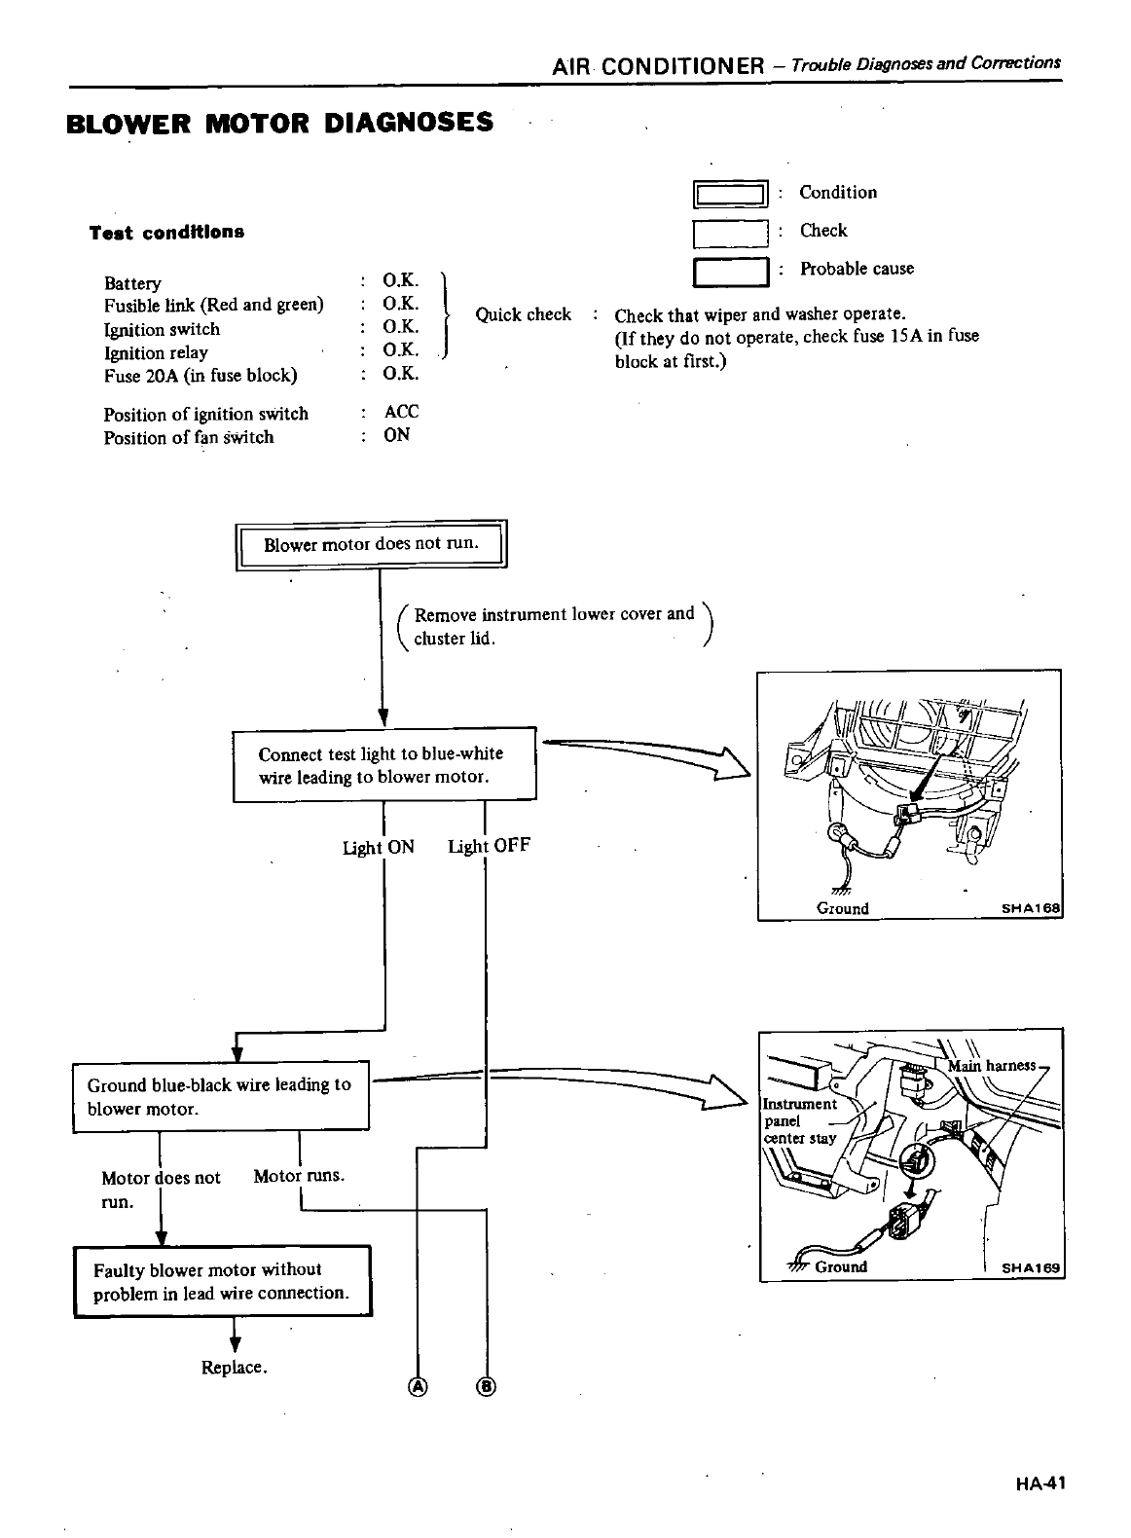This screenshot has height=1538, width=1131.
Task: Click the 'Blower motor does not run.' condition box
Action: (x=372, y=544)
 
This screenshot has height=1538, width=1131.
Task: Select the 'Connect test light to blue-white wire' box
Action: (x=384, y=765)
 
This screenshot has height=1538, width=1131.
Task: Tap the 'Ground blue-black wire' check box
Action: (x=221, y=1097)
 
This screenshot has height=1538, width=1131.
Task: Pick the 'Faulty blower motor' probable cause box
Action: (x=223, y=1281)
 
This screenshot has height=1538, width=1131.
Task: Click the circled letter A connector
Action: (x=418, y=1385)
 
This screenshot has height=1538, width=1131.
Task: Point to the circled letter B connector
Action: (x=486, y=1385)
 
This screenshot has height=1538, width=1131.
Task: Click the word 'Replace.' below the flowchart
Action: (x=234, y=1368)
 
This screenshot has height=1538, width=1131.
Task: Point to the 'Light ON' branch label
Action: (x=378, y=847)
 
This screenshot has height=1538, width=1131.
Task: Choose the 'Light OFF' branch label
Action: (x=489, y=846)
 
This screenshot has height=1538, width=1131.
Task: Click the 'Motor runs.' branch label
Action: (x=299, y=1176)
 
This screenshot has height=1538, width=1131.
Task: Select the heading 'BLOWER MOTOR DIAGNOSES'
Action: (x=279, y=124)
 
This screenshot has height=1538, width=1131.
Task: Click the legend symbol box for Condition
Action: (x=731, y=195)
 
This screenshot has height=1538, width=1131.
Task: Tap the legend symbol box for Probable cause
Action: (x=731, y=272)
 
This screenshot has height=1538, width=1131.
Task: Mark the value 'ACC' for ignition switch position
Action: (x=401, y=412)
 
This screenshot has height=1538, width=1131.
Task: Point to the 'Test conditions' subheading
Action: (x=166, y=233)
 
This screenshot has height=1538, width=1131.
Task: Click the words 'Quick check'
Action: (x=523, y=314)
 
